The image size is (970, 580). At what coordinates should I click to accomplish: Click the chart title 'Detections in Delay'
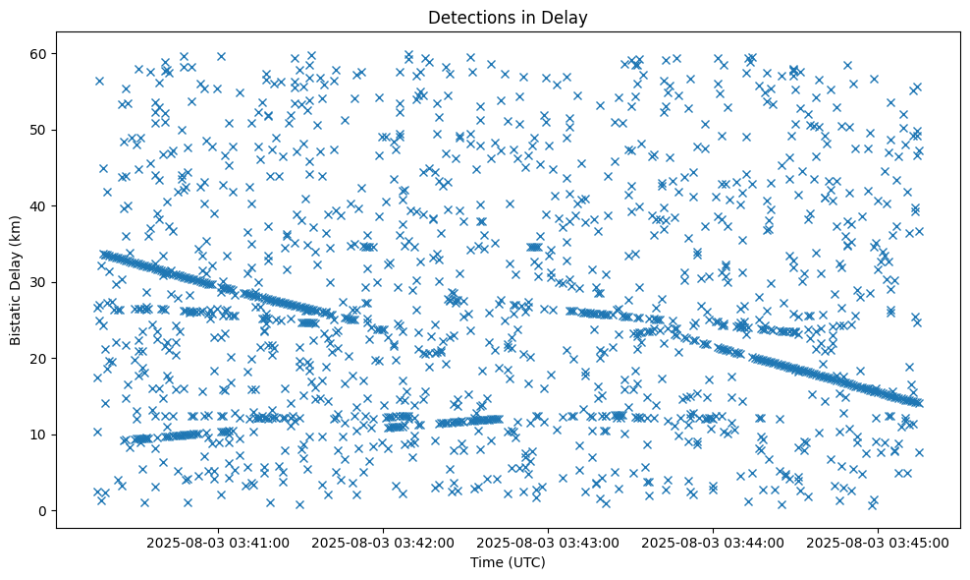tap(509, 17)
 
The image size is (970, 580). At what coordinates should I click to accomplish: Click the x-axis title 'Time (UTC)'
tap(509, 562)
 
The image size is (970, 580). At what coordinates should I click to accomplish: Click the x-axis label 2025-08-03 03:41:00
tap(218, 542)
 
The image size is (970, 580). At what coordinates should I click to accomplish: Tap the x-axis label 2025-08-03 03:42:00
tap(383, 542)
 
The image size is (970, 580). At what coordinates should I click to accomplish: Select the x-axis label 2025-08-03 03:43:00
tap(548, 542)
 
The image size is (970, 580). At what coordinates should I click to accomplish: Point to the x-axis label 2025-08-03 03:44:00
tap(713, 542)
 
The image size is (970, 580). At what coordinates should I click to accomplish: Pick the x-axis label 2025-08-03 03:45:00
tap(878, 542)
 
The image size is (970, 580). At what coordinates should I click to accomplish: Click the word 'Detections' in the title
tap(466, 17)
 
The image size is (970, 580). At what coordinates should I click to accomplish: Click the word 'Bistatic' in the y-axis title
tap(17, 318)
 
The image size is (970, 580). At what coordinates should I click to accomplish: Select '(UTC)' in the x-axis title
tap(527, 562)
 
